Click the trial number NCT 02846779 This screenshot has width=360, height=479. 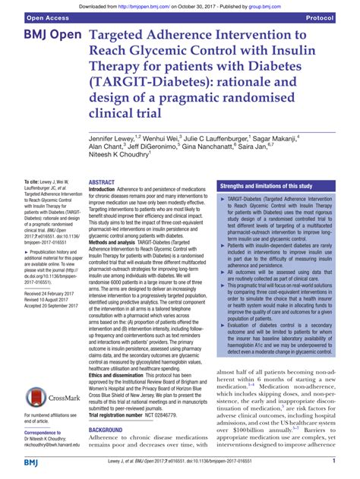(x=184, y=416)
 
